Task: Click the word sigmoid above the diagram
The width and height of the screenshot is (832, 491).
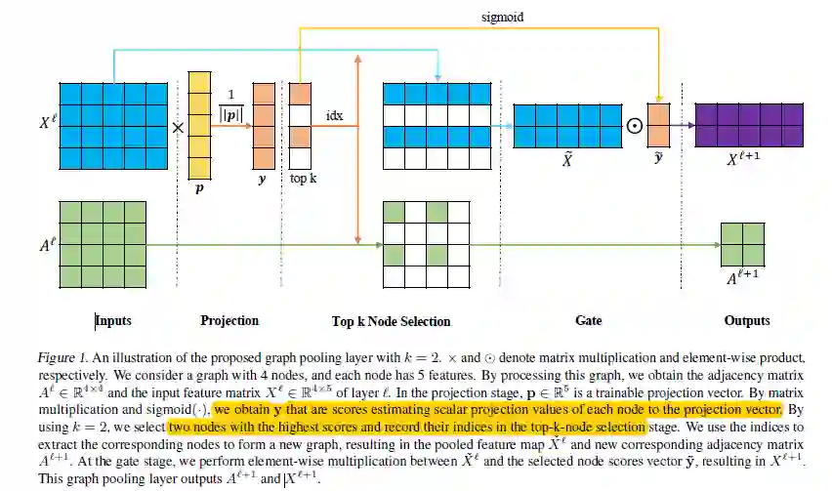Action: click(502, 18)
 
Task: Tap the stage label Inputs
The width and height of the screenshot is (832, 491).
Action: click(114, 320)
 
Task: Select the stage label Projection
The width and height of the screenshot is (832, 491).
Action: click(229, 320)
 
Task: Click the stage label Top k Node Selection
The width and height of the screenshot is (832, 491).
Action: click(391, 321)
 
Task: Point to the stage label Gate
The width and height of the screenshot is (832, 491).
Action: click(589, 320)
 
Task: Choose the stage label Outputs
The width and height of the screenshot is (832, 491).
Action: click(747, 320)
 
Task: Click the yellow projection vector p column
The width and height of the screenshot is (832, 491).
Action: click(199, 125)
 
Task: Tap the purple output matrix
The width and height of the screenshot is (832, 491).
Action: click(749, 125)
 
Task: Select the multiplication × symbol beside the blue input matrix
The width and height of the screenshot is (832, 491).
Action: click(177, 127)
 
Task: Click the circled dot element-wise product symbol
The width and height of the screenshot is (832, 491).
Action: click(634, 126)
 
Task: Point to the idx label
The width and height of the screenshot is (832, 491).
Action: click(334, 115)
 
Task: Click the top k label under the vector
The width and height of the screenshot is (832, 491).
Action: click(303, 179)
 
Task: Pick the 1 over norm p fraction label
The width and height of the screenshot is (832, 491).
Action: click(231, 104)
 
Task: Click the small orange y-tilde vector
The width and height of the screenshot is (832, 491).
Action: click(659, 126)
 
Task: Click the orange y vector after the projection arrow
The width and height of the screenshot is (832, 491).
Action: click(264, 125)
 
